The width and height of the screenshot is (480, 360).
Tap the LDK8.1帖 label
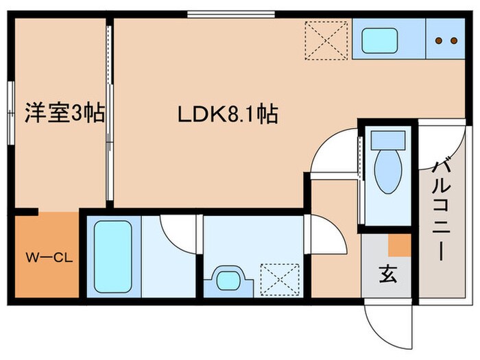pos(228,114)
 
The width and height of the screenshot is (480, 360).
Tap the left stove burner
pos(440,40)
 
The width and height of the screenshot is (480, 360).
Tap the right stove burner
pos(455,40)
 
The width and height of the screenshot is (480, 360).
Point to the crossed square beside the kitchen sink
pos(326,40)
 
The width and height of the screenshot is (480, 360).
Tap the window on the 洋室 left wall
pos(10,113)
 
